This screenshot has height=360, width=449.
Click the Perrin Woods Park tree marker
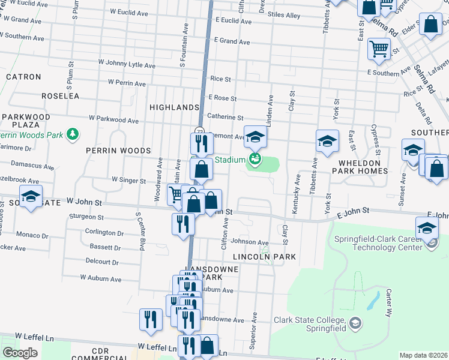click(73, 133)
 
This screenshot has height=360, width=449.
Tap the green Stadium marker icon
click(255, 159)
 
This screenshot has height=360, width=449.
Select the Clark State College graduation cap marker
click(355, 324)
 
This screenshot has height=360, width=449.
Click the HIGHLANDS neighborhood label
click(175, 107)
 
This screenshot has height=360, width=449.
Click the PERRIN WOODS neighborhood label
click(118, 150)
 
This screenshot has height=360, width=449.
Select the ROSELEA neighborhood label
click(60, 95)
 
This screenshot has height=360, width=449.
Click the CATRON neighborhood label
click(23, 77)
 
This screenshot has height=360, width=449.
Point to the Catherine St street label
click(225, 118)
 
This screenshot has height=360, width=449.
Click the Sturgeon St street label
click(88, 217)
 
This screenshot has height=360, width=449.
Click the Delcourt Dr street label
click(102, 262)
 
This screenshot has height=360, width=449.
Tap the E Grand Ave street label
click(232, 42)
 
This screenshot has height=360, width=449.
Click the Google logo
click(20, 353)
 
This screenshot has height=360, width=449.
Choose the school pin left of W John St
click(31, 196)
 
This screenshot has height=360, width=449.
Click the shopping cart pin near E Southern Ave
click(379, 49)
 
